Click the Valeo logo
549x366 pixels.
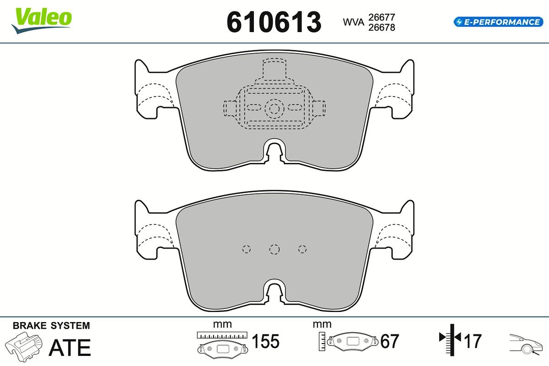click(42, 21)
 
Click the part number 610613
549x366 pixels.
click(274, 22)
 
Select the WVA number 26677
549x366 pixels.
click(382, 17)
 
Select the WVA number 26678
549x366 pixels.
click(382, 27)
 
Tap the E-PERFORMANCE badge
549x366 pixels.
click(498, 22)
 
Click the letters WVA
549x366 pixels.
click(353, 22)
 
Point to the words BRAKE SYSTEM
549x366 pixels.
click(51, 326)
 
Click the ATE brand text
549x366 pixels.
click(70, 347)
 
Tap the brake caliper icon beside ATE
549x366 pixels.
click(23, 347)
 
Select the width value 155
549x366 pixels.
click(265, 341)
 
